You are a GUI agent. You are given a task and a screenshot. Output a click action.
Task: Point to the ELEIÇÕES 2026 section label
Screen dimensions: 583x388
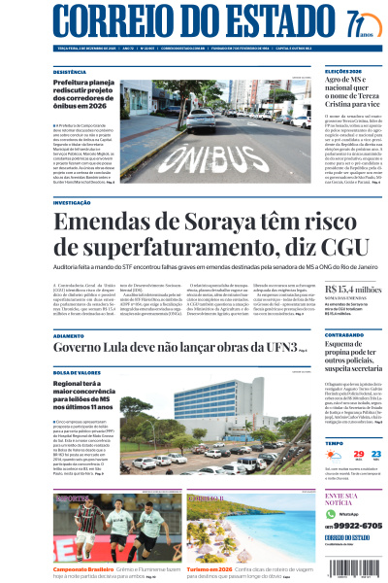[x=343, y=72]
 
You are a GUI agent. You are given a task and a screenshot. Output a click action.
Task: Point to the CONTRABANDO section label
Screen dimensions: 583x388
[x=345, y=335]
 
